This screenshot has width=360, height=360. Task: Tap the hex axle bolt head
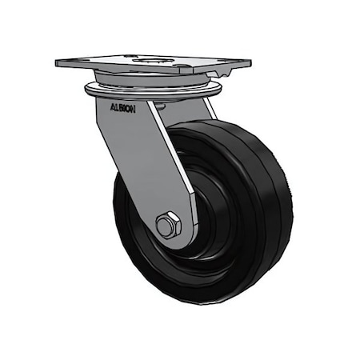(x=166, y=226)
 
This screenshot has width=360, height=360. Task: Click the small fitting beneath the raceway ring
(x=159, y=103)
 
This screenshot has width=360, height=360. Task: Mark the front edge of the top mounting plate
(x=128, y=70)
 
